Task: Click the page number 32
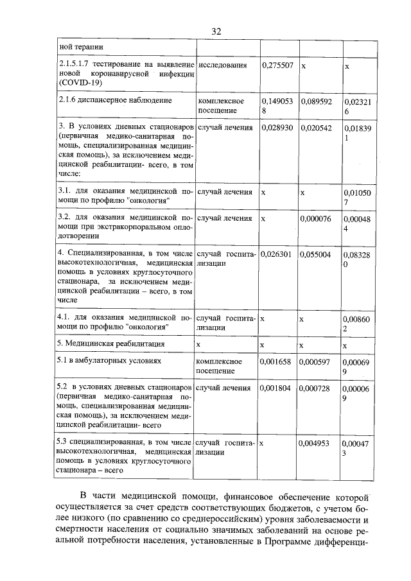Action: [x=216, y=31]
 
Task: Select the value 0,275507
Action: [x=277, y=65]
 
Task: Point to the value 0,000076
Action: [x=316, y=218]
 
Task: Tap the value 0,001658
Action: [x=277, y=361]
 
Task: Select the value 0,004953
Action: [x=316, y=443]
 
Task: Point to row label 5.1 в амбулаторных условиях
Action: [x=103, y=361]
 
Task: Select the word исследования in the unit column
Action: [x=223, y=65]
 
